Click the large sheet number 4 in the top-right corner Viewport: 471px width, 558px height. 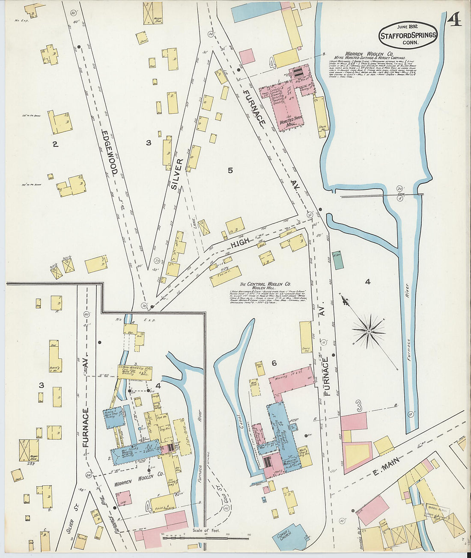455,21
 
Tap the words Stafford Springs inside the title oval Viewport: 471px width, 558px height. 408,35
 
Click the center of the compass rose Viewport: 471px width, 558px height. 368,331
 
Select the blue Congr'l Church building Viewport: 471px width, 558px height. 292,537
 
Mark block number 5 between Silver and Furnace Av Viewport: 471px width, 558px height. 230,171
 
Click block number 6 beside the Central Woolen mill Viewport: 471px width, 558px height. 274,363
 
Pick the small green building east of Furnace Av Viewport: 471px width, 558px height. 338,260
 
